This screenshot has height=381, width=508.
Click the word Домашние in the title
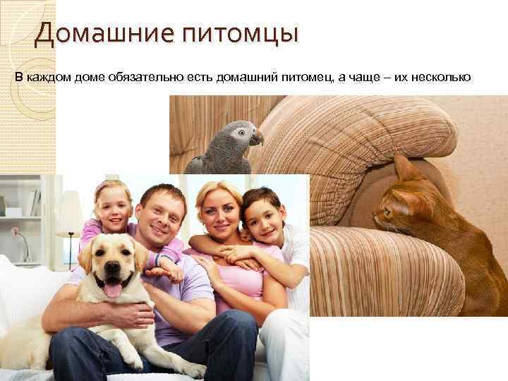95,33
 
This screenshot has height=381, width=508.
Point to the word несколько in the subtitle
442,77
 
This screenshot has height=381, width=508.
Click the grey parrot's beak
257,138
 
